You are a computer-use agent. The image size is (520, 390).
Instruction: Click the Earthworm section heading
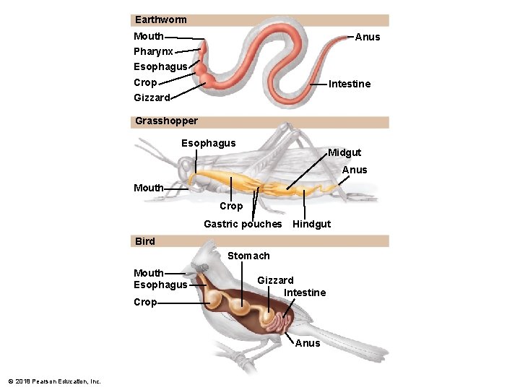[160, 20]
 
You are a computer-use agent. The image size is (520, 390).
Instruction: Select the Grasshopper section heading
[166, 121]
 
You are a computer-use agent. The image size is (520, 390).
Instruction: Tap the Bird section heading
[145, 241]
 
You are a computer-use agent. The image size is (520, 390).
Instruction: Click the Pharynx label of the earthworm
[153, 52]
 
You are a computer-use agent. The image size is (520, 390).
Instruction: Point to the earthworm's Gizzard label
[152, 97]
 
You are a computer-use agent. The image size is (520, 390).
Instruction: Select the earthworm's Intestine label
[350, 84]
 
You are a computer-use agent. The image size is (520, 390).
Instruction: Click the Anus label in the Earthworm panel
[368, 37]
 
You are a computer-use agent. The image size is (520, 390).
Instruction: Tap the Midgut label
[344, 152]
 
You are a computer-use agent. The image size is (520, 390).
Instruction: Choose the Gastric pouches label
[243, 224]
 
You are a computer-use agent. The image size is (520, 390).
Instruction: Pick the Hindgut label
[311, 224]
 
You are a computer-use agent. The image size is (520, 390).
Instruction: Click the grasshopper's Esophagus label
[208, 143]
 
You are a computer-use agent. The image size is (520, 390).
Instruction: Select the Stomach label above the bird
[248, 256]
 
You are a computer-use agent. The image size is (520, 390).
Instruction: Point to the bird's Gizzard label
[275, 280]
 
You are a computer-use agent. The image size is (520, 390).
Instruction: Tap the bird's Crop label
[145, 302]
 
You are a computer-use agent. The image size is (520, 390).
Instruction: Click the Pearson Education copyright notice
[54, 381]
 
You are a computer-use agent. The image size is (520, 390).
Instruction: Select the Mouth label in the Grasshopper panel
[149, 188]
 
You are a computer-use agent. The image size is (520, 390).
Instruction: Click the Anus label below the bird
[308, 343]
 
